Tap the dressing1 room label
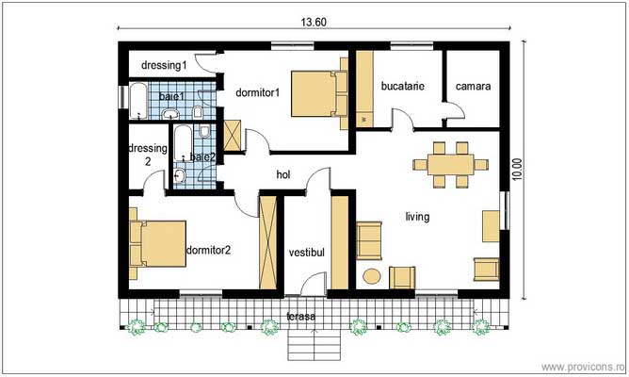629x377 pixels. pos(163,65)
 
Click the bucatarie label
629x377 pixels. pos(402,86)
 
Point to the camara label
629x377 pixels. pos(473,86)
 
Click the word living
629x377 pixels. pos(417,217)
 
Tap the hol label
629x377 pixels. pos(282,174)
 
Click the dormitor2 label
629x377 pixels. pos(209,250)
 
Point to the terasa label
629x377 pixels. pos(301,317)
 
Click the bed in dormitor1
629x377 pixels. pos(314,92)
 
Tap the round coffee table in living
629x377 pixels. pos(372,276)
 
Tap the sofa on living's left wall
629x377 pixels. pos(369,240)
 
